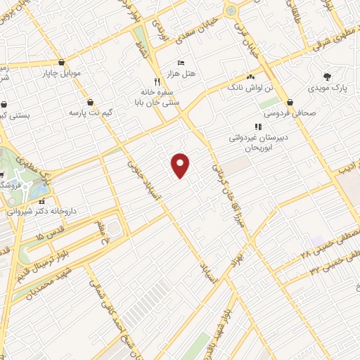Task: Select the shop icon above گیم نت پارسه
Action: pyautogui.click(x=91, y=102)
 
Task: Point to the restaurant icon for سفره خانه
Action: pyautogui.click(x=157, y=81)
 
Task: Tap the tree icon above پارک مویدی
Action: pyautogui.click(x=326, y=77)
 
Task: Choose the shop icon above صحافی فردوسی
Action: pyautogui.click(x=290, y=102)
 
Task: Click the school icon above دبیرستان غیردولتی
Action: pyautogui.click(x=257, y=127)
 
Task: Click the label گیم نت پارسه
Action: pyautogui.click(x=91, y=112)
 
